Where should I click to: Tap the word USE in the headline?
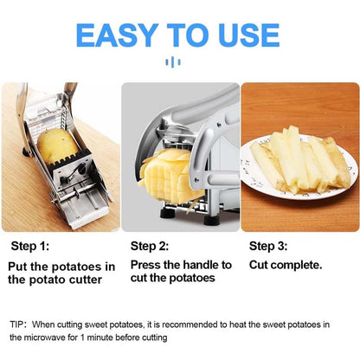coord(245,35)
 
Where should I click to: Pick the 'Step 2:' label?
coord(149,246)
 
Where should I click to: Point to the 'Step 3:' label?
coord(268,246)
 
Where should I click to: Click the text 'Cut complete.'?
coord(286,265)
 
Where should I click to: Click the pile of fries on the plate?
coord(294,160)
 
